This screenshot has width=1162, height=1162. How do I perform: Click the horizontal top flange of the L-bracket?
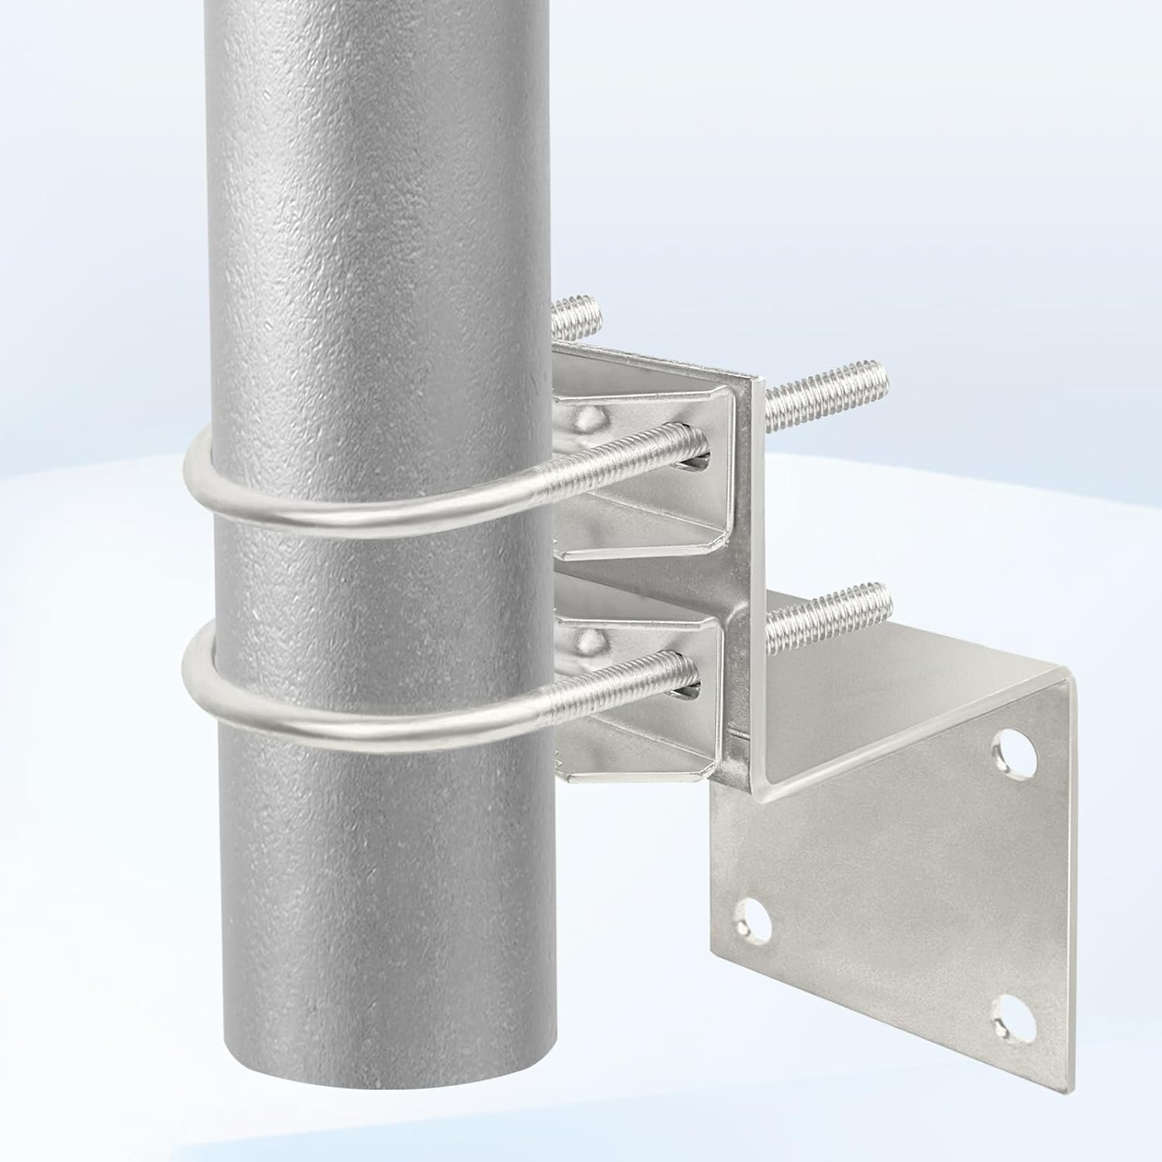(x=891, y=658)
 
